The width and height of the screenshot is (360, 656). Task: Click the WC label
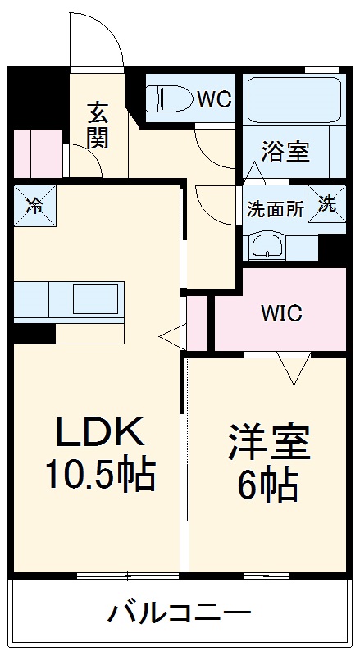214,99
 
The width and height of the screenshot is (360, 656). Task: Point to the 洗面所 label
276,209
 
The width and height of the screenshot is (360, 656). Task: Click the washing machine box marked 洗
326,204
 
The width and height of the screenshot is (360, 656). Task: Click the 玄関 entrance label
97,125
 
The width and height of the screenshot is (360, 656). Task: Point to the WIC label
282,313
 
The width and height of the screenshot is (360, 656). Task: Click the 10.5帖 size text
100,473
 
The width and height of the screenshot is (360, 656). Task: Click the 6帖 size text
267,487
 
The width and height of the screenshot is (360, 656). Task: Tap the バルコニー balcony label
178,613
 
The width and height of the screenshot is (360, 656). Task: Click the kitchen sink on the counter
98,298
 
